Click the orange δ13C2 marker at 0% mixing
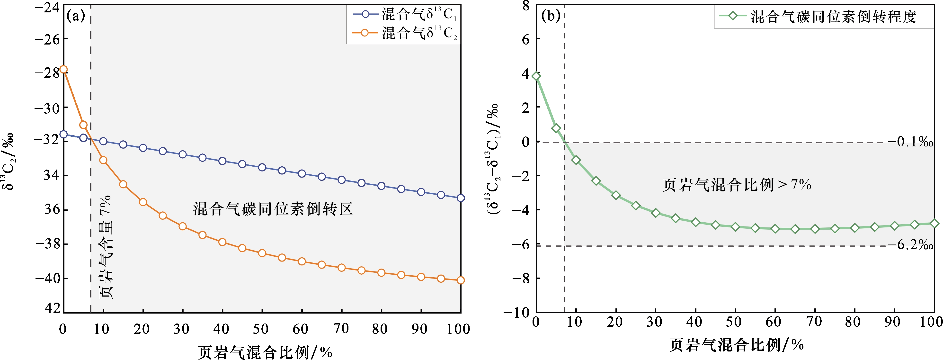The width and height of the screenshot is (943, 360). tap(63, 69)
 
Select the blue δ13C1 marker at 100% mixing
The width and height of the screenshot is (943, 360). tap(461, 198)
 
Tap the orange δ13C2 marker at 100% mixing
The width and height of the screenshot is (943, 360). tap(461, 280)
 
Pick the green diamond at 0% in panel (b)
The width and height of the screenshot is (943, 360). tap(536, 76)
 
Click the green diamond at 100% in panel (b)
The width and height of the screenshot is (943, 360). tap(934, 223)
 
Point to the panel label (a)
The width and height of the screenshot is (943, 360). tap(76, 16)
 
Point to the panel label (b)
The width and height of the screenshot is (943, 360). tap(550, 16)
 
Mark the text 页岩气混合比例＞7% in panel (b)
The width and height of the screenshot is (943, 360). tap(737, 185)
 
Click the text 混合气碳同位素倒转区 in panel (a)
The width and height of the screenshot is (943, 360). tap(273, 209)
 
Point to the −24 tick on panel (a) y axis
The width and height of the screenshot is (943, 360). tap(47, 7)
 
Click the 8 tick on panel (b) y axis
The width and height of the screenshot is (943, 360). tap(526, 6)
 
